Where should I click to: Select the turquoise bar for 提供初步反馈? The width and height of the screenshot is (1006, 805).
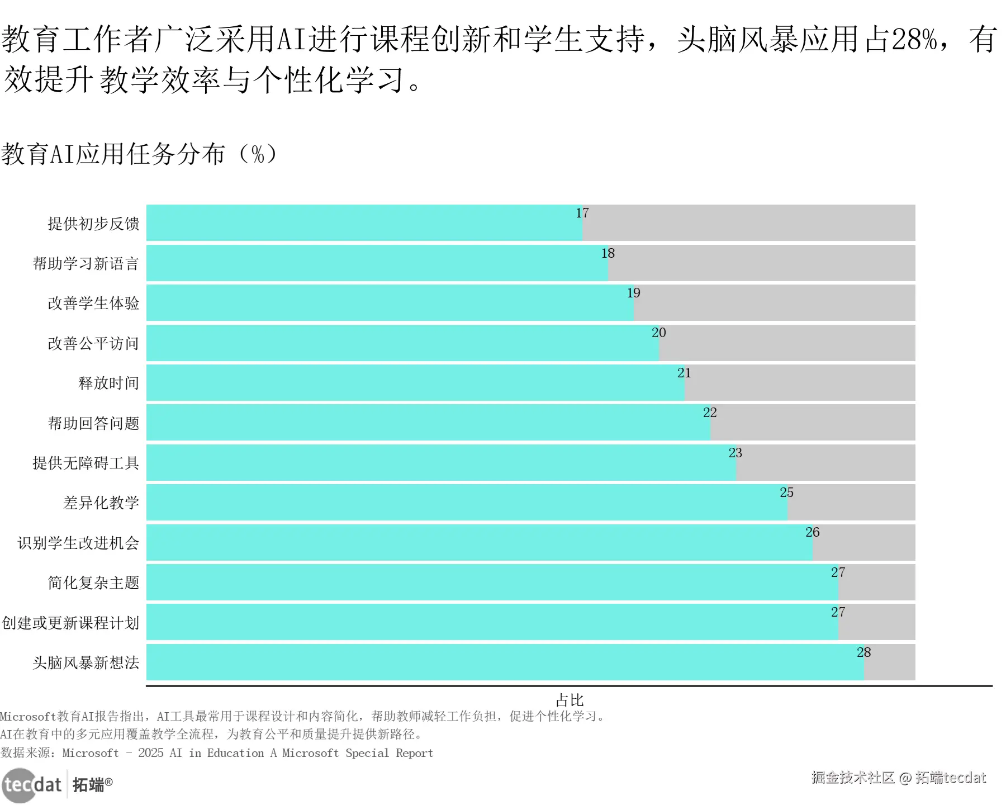click(364, 223)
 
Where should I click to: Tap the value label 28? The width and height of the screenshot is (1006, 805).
click(863, 652)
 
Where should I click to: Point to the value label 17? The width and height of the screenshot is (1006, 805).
click(582, 213)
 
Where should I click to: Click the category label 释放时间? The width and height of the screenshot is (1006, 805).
click(108, 383)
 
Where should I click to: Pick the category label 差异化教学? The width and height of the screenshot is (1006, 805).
click(101, 503)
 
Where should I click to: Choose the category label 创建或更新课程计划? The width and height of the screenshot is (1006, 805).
click(70, 623)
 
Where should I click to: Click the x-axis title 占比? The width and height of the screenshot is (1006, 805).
click(570, 700)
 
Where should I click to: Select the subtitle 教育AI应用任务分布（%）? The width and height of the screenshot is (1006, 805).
click(139, 154)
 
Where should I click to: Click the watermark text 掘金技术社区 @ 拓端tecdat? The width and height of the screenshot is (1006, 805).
click(899, 778)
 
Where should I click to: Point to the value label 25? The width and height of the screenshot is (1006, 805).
click(786, 493)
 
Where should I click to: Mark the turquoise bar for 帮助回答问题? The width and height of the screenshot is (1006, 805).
click(428, 423)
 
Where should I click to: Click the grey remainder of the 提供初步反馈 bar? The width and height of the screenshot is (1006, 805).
click(749, 223)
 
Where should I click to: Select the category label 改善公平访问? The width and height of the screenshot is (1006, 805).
click(93, 343)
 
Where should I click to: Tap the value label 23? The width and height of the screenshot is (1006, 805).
click(735, 453)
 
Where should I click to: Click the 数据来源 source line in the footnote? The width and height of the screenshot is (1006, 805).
click(217, 753)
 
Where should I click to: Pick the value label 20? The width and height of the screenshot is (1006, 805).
click(658, 333)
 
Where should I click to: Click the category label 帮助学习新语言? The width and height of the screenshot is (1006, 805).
click(86, 263)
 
